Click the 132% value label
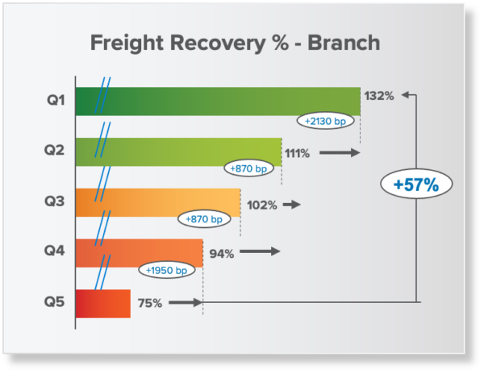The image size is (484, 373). click(378, 96)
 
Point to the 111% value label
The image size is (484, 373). click(297, 153)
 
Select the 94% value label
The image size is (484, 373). click(221, 254)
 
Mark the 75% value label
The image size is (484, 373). click(149, 304)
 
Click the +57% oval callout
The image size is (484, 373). click(415, 184)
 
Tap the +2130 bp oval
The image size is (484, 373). click(324, 121)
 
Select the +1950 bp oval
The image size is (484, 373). click(167, 271)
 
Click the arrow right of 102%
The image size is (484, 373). click(291, 205)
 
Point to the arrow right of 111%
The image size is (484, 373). click(339, 152)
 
